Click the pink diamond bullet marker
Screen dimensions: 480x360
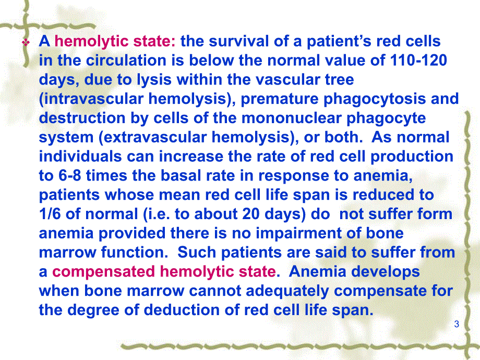point(26,42)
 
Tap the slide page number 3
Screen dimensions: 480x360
point(457,324)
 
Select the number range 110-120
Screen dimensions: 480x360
point(418,61)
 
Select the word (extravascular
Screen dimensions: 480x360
point(153,137)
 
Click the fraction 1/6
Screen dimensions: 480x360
point(50,214)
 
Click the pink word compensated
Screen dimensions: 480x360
point(103,272)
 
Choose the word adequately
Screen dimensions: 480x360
point(287,291)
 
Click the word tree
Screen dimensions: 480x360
point(340,80)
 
